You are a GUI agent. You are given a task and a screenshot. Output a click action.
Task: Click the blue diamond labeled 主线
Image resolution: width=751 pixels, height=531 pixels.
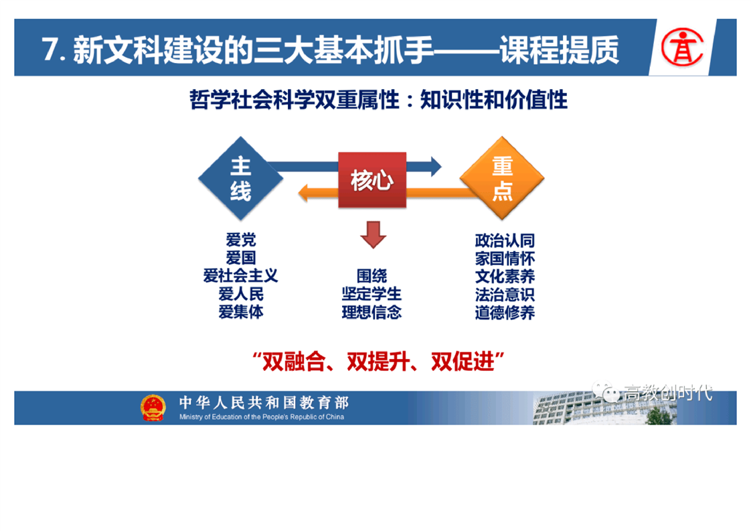(x=240, y=178)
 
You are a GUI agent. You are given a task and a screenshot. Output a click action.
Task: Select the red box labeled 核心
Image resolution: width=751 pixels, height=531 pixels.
(x=372, y=179)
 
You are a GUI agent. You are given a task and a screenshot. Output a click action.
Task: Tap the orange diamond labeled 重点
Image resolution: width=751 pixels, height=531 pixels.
(x=502, y=178)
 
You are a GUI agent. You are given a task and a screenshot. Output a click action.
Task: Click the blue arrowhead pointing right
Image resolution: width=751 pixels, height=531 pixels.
(x=435, y=166)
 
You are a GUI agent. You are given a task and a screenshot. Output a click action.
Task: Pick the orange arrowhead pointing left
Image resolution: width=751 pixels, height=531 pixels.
(x=304, y=193)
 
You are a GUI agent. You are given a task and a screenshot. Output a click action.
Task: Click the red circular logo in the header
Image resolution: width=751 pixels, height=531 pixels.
(x=682, y=47)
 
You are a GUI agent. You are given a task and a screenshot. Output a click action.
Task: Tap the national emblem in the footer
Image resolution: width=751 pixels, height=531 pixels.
(x=153, y=407)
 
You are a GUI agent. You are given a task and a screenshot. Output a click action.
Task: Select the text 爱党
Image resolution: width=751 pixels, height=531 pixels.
(x=241, y=239)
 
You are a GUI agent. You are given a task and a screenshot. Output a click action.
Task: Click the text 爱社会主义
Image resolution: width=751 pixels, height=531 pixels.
(x=240, y=276)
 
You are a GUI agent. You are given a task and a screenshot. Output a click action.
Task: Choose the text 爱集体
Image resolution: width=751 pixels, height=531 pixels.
(x=241, y=312)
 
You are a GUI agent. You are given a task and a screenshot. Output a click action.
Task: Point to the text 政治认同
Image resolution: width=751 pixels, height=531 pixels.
(x=505, y=240)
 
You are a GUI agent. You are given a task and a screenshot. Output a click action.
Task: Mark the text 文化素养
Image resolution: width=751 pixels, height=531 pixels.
(x=505, y=277)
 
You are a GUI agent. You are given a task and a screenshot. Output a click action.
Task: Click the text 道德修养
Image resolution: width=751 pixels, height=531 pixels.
(x=505, y=313)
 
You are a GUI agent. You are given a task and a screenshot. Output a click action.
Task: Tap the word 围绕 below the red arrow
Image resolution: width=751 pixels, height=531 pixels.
(x=371, y=276)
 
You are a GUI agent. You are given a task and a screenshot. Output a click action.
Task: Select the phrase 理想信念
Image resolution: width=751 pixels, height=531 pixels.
(x=371, y=313)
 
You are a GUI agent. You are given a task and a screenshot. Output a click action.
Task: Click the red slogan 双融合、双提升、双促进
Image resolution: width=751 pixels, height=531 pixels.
(x=378, y=362)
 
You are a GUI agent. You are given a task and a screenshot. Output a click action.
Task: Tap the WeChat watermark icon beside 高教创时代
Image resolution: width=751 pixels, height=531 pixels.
(x=605, y=392)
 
